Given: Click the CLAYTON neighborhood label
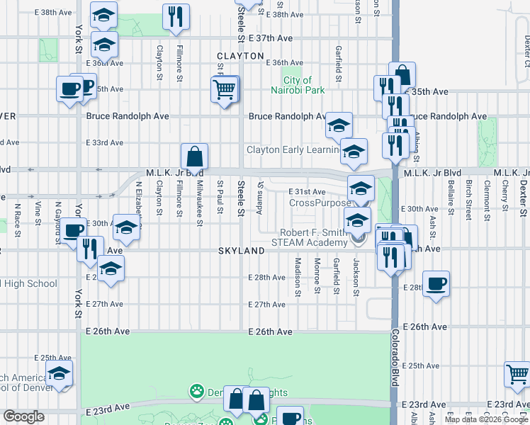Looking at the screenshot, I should [x=240, y=56].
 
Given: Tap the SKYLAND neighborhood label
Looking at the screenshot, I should [x=241, y=251].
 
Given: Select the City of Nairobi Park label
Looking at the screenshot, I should [x=298, y=86].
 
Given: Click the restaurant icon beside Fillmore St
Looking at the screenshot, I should [x=175, y=16].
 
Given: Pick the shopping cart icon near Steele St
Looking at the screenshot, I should [x=224, y=90].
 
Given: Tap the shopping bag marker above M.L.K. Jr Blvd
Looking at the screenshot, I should [x=194, y=157].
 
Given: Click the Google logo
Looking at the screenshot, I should [x=23, y=417].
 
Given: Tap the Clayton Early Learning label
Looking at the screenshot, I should [x=292, y=149].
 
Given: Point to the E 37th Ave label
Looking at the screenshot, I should [x=270, y=38].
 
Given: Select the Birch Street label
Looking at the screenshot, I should [x=469, y=200].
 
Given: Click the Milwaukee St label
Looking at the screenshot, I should [x=200, y=202].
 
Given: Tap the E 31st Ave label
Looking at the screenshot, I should [x=307, y=192].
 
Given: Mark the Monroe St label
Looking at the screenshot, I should [x=317, y=276].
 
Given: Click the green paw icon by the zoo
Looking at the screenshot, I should [x=195, y=390].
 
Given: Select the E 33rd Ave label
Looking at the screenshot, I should [x=105, y=142].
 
